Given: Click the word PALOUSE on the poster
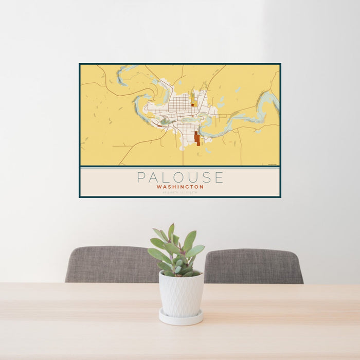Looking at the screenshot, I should (180, 177).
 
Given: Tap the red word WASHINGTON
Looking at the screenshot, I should (180, 187).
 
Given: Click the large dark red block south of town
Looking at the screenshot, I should (197, 138).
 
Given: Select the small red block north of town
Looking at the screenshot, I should (192, 104).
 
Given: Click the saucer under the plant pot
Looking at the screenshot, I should (180, 318).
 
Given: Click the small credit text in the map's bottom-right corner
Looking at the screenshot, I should (272, 164).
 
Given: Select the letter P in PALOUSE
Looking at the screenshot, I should (140, 177).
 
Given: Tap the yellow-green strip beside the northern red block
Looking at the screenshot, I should (194, 98).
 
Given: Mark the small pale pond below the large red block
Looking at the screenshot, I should (208, 151).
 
